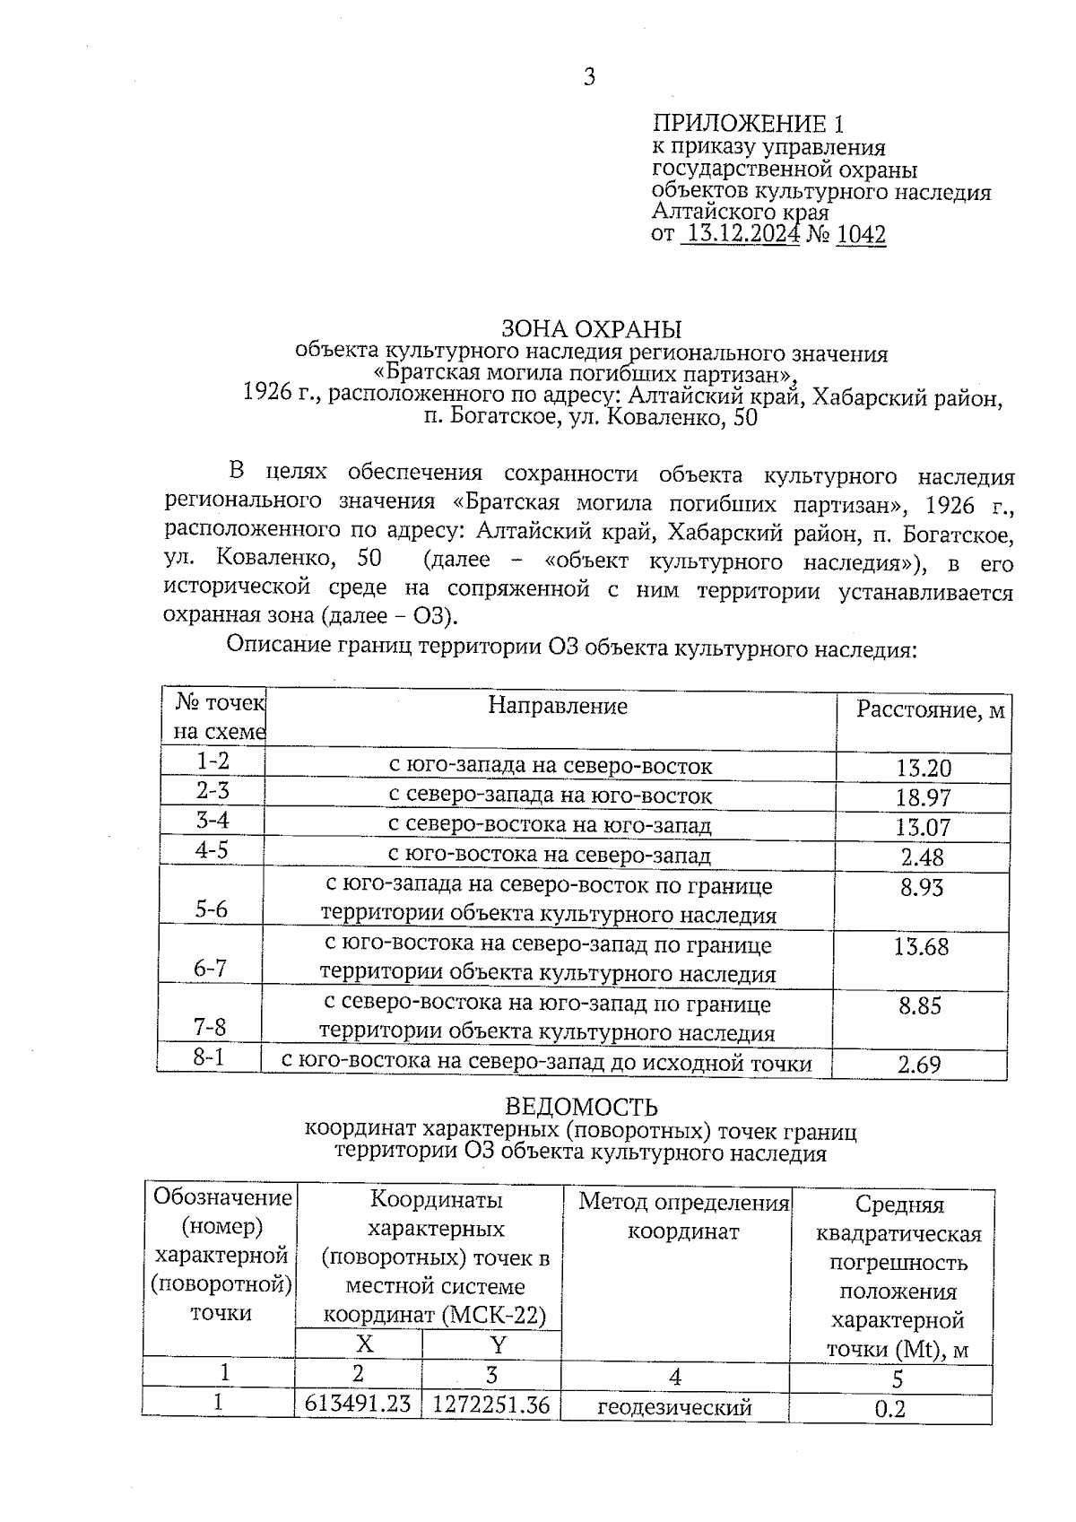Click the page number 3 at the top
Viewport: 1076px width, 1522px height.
point(589,77)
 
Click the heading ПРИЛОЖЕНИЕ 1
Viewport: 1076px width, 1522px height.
point(748,124)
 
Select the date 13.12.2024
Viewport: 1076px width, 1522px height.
point(740,235)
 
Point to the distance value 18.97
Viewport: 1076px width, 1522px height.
point(923,797)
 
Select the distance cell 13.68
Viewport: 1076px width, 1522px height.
point(921,946)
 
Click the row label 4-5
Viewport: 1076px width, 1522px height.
point(212,849)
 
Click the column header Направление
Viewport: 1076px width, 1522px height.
point(558,706)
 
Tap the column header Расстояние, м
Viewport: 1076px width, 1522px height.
point(930,710)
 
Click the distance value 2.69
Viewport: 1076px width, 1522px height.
point(919,1065)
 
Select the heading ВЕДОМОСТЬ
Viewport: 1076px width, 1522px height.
point(581,1108)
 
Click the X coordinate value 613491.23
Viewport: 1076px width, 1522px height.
point(358,1404)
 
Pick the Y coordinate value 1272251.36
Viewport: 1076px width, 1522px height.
point(490,1404)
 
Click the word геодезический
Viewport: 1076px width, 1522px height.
point(674,1407)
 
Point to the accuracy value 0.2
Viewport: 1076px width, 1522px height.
point(889,1409)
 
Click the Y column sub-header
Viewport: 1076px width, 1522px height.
point(498,1344)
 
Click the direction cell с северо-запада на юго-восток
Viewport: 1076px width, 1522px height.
point(551,796)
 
